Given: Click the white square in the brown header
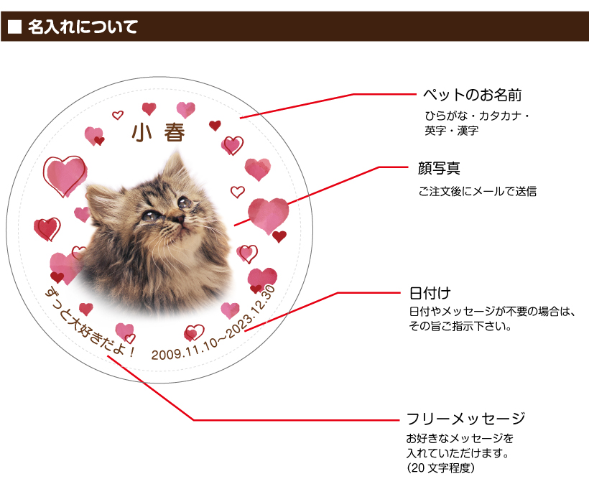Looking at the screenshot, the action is [x=14, y=27].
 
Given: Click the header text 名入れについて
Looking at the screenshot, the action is [x=83, y=27].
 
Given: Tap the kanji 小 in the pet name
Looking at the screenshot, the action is [x=142, y=133].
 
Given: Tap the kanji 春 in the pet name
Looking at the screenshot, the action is [x=175, y=133].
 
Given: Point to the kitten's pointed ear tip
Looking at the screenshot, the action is [x=177, y=151].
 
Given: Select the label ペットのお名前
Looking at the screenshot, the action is [x=473, y=95].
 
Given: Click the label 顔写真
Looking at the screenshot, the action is [x=439, y=168].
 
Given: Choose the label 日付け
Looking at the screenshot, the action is [x=430, y=293].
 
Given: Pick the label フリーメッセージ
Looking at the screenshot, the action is [x=465, y=419].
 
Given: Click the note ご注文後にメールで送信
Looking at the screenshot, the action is [x=478, y=191].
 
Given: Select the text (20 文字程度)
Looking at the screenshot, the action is [x=440, y=468].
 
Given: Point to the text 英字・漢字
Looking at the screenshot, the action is [x=452, y=131].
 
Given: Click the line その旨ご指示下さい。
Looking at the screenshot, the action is [x=460, y=326].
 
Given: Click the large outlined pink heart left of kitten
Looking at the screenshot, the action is [x=65, y=175].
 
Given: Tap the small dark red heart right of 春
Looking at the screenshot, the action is [x=215, y=126].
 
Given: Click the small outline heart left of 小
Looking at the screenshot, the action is [x=118, y=115].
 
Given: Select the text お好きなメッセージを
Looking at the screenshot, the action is [x=460, y=439].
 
